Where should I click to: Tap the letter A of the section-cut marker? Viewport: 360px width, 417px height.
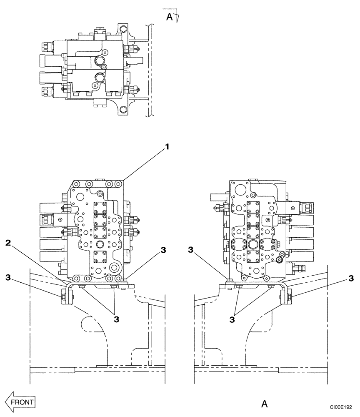tap(169, 16)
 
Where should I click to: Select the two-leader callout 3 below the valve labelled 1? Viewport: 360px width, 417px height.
tap(116, 319)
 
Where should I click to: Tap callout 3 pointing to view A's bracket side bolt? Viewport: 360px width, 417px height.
tap(351, 278)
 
